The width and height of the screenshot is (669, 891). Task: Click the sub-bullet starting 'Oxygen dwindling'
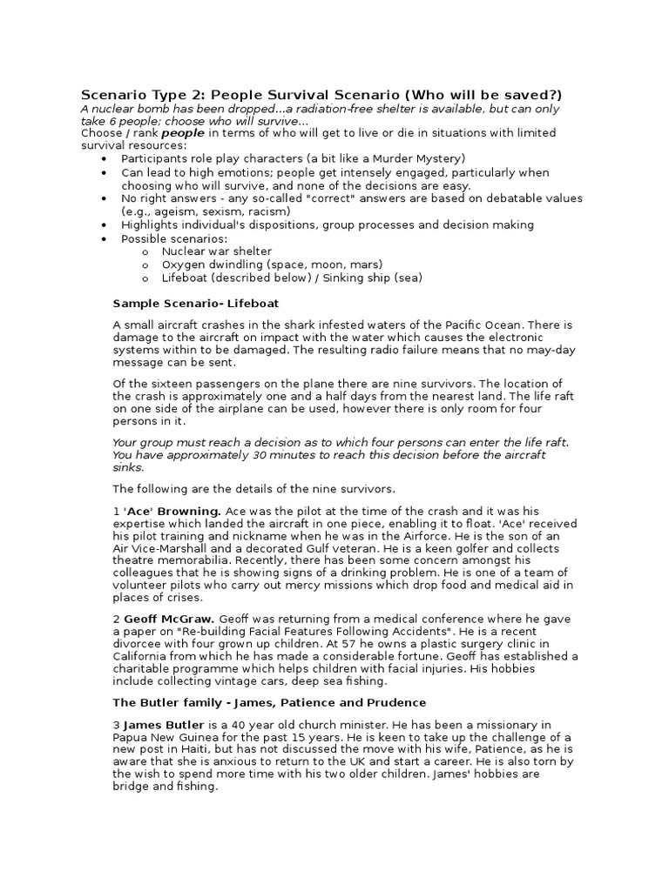(272, 265)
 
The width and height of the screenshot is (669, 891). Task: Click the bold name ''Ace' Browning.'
(172, 510)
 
